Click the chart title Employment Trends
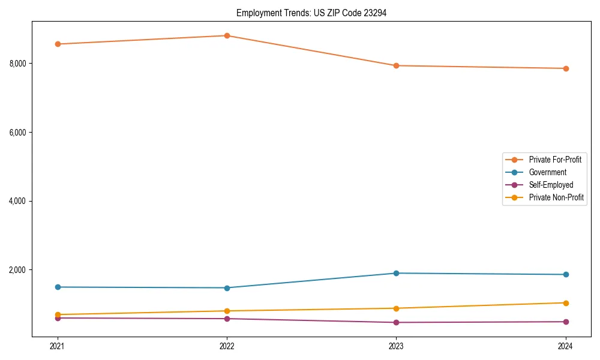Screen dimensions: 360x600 click(311, 13)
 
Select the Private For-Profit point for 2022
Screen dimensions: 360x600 click(227, 35)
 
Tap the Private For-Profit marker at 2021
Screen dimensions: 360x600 click(58, 44)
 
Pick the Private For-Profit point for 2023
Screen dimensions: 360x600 click(396, 65)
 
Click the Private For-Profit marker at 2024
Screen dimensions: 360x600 click(565, 68)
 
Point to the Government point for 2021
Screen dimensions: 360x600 click(58, 287)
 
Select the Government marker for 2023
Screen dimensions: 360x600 click(396, 273)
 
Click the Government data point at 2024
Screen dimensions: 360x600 click(565, 274)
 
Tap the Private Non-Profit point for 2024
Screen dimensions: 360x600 click(565, 303)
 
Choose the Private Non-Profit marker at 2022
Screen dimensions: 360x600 click(227, 311)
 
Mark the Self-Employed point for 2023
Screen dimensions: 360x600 click(396, 322)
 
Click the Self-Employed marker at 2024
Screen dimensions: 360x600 click(565, 322)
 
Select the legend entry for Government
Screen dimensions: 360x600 click(547, 172)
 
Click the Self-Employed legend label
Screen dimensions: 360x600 click(551, 185)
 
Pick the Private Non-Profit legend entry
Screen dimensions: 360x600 click(556, 197)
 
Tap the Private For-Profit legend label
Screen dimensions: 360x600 click(555, 160)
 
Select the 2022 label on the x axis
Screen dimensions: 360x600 click(227, 346)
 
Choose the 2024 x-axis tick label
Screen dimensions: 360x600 click(565, 346)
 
